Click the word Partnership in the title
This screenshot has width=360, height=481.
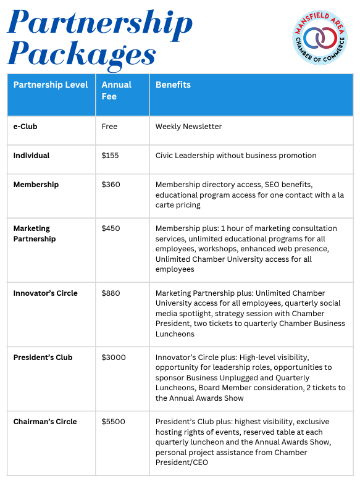tap(100, 24)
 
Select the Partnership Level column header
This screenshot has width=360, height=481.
tap(51, 85)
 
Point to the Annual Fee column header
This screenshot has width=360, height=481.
tap(117, 90)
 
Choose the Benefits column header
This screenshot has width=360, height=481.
tap(173, 85)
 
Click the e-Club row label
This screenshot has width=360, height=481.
tap(25, 127)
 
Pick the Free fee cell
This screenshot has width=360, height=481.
tap(109, 127)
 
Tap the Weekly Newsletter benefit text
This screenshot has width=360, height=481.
tap(188, 127)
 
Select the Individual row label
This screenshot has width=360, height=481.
tap(31, 156)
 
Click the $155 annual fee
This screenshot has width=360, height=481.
tap(110, 156)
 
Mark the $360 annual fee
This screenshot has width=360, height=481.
tap(111, 185)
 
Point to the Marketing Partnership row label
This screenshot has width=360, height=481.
tap(35, 233)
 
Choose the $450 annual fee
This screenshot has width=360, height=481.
tap(111, 228)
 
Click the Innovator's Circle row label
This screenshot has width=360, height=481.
tap(46, 293)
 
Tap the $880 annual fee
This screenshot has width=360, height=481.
tap(111, 293)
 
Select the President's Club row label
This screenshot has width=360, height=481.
tap(43, 357)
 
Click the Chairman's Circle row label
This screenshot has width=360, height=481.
tap(45, 421)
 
